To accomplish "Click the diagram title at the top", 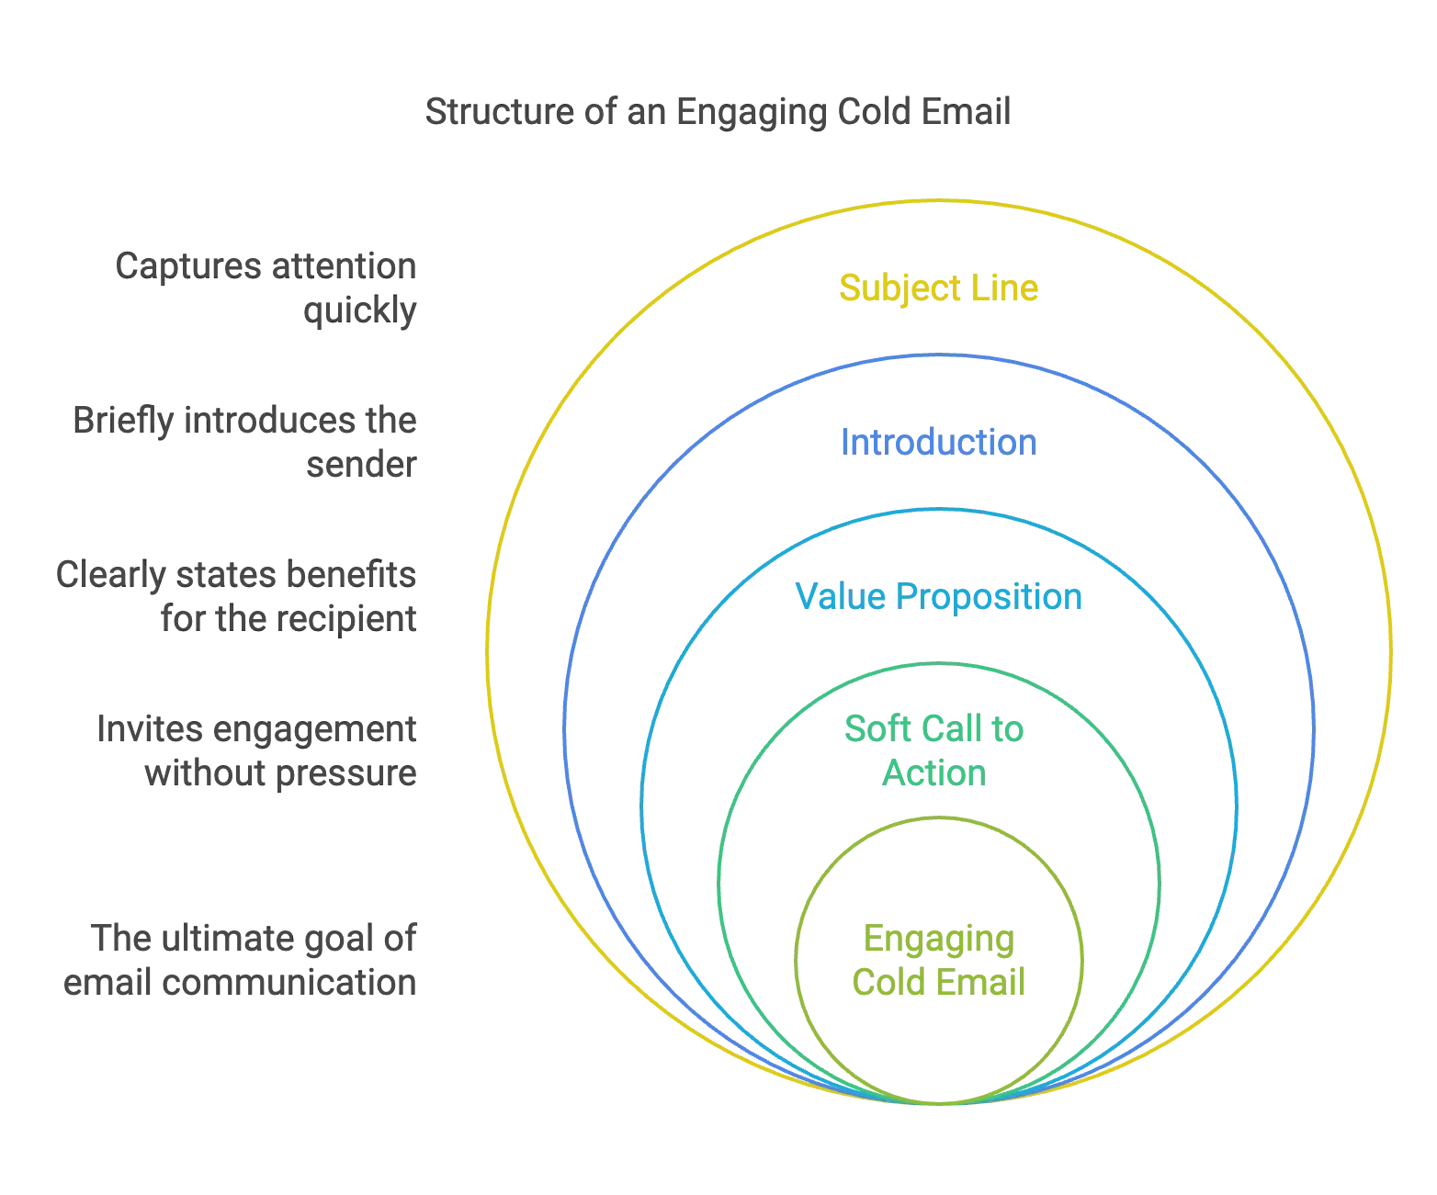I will tap(719, 112).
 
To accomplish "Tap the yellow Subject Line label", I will tap(938, 288).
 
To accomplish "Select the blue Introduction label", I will tap(938, 443).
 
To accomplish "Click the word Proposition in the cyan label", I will tap(989, 597).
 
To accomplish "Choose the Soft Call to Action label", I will tap(935, 751).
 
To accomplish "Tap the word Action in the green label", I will tap(933, 773).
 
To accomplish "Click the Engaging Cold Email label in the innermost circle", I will tap(938, 962).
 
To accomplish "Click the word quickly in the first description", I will tap(360, 311).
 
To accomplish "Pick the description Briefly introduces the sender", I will tap(246, 443).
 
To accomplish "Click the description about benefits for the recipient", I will tap(235, 597).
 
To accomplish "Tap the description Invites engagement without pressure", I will tap(257, 751).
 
